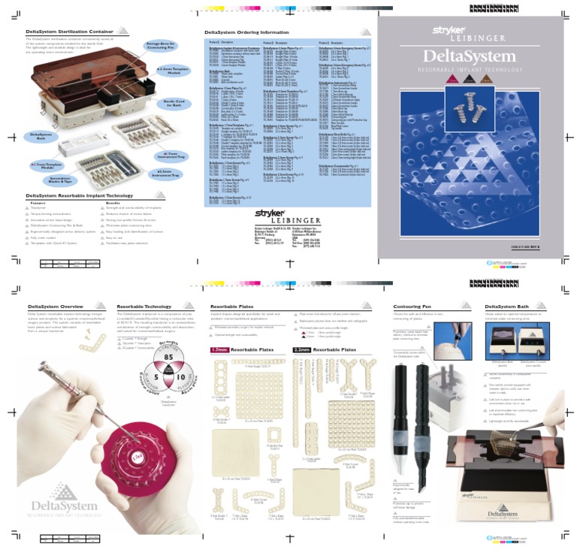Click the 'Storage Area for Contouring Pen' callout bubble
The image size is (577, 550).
pyautogui.click(x=162, y=48)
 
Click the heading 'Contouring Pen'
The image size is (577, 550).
pyautogui.click(x=412, y=307)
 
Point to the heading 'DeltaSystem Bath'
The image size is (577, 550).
pyautogui.click(x=509, y=307)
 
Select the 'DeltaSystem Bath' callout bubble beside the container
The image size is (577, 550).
pyautogui.click(x=41, y=137)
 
